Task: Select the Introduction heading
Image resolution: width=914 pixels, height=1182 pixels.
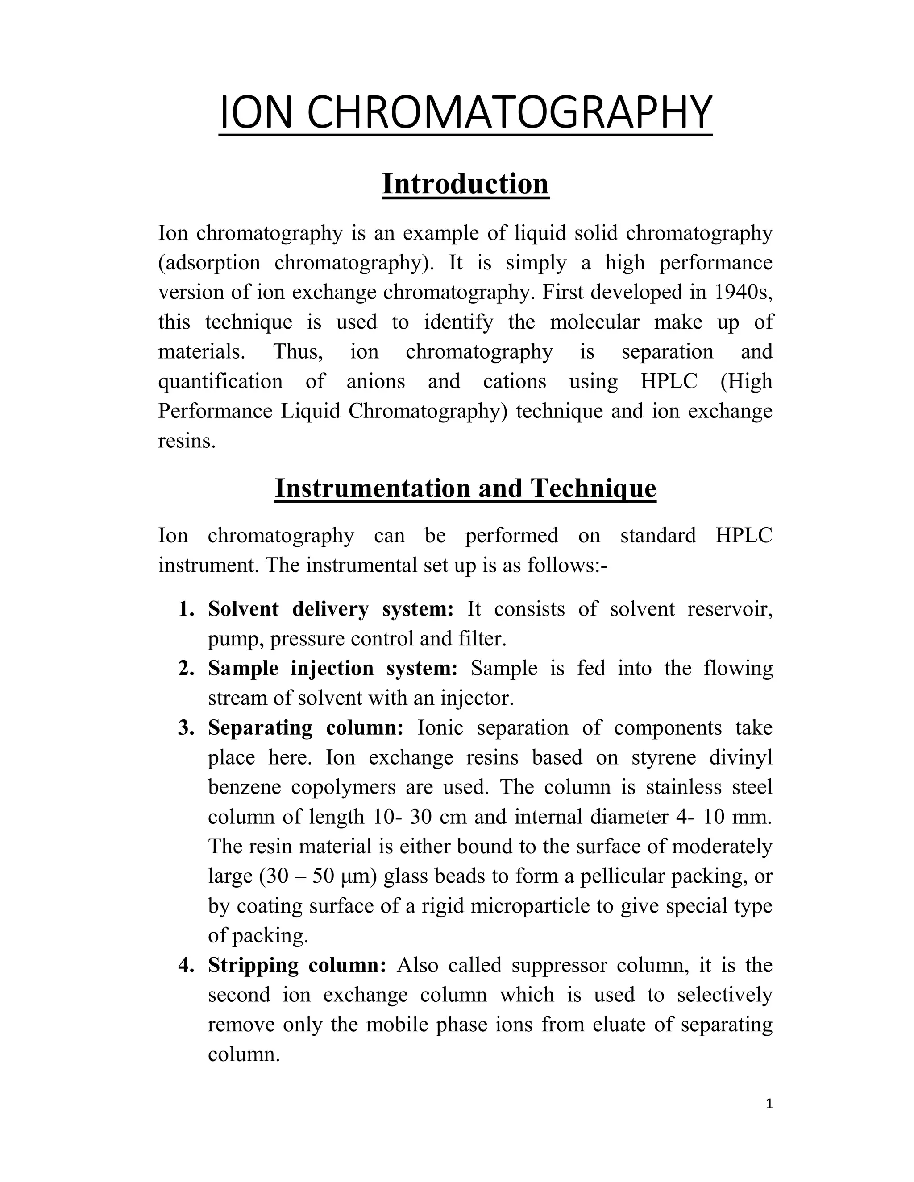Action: [465, 184]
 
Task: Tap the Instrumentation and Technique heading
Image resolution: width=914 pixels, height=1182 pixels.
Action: [465, 488]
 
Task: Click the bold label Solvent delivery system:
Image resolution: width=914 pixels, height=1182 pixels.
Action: [331, 609]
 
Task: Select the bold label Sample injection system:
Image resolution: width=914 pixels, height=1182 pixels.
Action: [333, 669]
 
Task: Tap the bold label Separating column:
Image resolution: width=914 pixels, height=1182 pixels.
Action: [306, 728]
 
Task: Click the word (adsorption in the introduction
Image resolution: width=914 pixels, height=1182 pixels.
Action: [209, 263]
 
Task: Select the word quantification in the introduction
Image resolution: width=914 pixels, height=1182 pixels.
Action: [220, 381]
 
